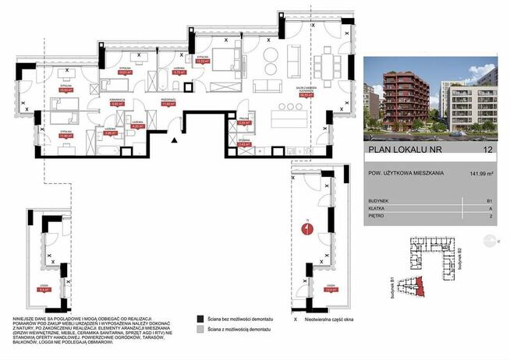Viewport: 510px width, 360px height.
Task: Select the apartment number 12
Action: coord(487,148)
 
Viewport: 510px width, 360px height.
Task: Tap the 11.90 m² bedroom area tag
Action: coord(67,134)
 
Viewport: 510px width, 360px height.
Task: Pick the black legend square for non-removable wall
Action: coord(192,319)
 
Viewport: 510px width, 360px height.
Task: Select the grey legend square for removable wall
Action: coord(192,330)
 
